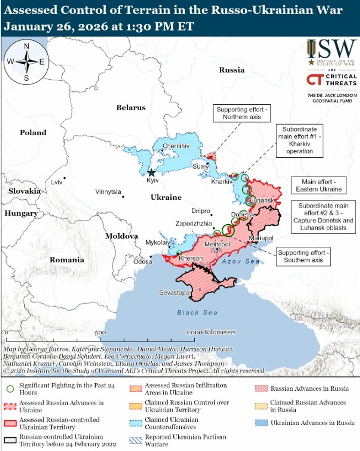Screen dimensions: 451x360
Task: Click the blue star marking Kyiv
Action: [151, 173]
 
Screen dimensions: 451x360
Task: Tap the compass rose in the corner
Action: [26, 61]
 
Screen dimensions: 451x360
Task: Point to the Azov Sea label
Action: [240, 262]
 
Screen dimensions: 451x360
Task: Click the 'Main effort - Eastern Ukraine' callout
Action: [319, 185]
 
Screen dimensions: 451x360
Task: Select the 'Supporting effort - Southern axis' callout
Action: [303, 256]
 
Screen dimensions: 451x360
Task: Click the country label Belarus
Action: [131, 108]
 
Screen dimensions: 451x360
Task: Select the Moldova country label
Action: [122, 236]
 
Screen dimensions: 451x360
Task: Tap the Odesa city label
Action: [143, 262]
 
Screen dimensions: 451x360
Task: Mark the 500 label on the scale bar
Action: [100, 333]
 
